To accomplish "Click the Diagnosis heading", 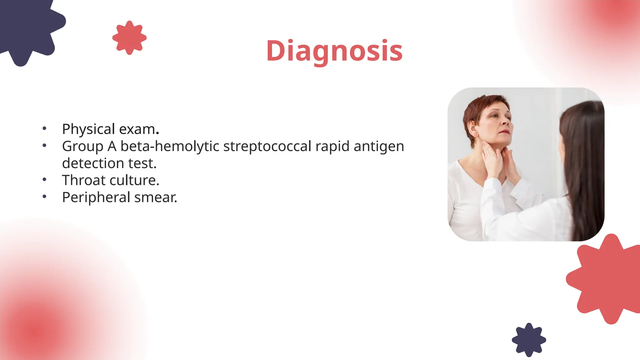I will pyautogui.click(x=334, y=51).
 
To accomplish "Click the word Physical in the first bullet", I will pyautogui.click(x=88, y=129).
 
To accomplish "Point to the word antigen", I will pyautogui.click(x=379, y=146).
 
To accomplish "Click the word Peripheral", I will pyautogui.click(x=96, y=197).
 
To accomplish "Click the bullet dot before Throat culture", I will pyautogui.click(x=44, y=179).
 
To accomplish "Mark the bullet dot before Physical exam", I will pyautogui.click(x=44, y=128).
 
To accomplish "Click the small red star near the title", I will pyautogui.click(x=129, y=38).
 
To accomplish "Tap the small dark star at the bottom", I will pyautogui.click(x=529, y=340).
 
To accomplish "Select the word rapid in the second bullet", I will pyautogui.click(x=332, y=146).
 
